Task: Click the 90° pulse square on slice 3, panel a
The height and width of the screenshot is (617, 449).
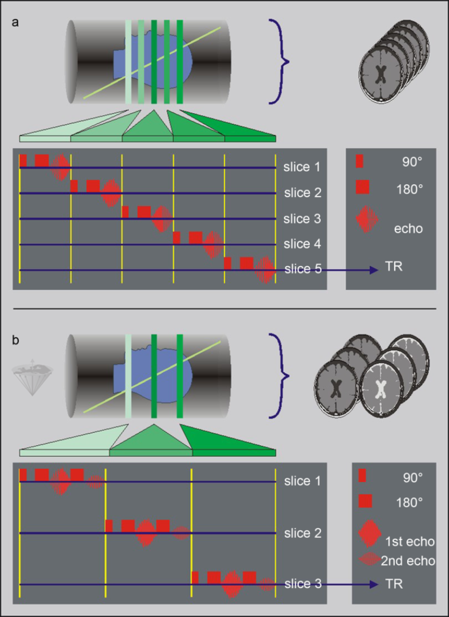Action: (x=125, y=212)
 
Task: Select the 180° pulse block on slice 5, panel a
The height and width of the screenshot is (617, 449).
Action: (x=246, y=263)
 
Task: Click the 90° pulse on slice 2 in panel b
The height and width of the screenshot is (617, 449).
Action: (x=109, y=526)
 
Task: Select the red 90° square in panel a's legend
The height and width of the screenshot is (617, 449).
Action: (x=359, y=161)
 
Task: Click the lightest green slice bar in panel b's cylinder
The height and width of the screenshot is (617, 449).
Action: (x=128, y=376)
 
